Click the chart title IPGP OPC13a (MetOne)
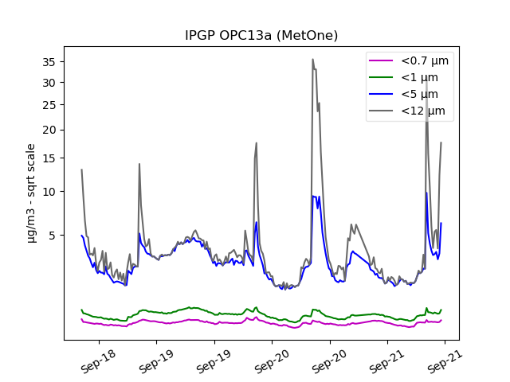pos(261,36)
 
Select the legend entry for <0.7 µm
pos(425,61)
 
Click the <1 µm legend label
pos(419,78)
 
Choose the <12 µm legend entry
pos(422,111)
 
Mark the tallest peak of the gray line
pos(312,59)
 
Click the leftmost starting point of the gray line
pos(81,170)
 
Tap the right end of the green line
pos(441,310)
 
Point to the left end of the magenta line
pos(81,319)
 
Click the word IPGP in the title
pos(200,36)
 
